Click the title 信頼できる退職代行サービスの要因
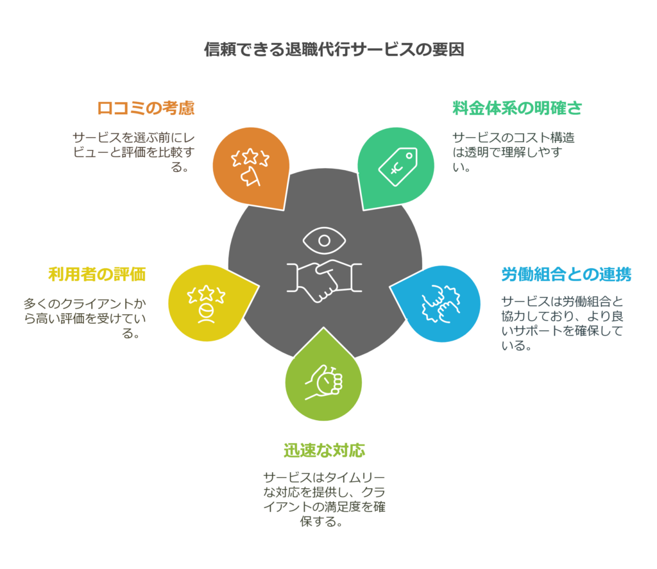click(334, 50)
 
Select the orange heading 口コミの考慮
click(146, 108)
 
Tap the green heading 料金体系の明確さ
click(517, 108)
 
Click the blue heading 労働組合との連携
click(566, 275)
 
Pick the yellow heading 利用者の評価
click(97, 275)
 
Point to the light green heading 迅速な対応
click(325, 450)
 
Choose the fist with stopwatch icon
click(324, 383)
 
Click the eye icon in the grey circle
click(324, 242)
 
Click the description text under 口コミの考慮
click(133, 152)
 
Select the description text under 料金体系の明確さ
click(513, 152)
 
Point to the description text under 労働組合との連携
click(562, 323)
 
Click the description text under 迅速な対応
click(324, 499)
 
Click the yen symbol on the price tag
click(393, 168)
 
